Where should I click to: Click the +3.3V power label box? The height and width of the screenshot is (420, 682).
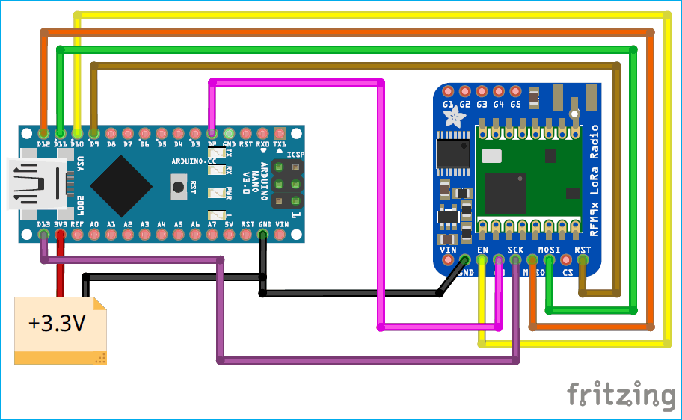[x=60, y=324]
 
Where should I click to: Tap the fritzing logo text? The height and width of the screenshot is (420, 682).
[x=620, y=394]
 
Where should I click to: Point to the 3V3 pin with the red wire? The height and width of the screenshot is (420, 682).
[x=61, y=235]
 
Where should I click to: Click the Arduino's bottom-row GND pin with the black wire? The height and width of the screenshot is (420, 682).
[x=263, y=235]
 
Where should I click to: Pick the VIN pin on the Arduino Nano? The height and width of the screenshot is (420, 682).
[x=280, y=235]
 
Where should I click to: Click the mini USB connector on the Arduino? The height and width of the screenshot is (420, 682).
[x=34, y=184]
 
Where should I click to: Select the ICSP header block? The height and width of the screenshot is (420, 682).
[x=287, y=184]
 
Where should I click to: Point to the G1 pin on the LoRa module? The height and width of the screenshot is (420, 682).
[x=448, y=91]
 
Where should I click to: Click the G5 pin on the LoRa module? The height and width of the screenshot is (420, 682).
[x=515, y=91]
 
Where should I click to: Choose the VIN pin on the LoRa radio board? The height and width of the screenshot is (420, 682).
[x=449, y=260]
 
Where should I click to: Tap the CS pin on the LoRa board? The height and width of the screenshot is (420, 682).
[x=566, y=260]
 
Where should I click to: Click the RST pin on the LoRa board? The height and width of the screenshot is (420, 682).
[x=583, y=260]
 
